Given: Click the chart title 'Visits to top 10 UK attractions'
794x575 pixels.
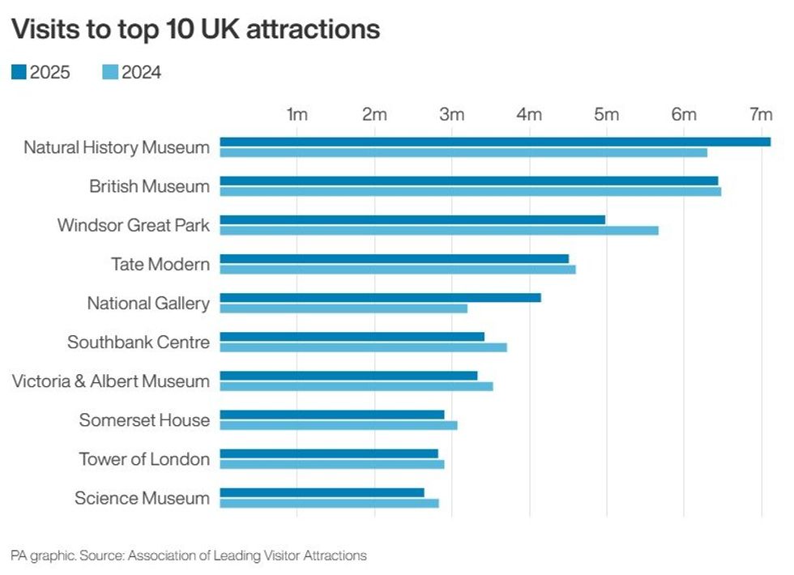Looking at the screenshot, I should tap(195, 29).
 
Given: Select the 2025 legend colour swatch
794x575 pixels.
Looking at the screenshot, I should tap(19, 73).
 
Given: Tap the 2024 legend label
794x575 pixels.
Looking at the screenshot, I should tap(141, 73).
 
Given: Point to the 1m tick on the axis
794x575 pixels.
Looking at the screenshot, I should tap(297, 115).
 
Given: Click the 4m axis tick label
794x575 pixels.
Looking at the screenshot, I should tap(529, 115).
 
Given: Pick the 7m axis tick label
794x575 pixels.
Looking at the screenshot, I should tap(761, 115).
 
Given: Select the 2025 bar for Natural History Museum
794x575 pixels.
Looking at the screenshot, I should tap(495, 142).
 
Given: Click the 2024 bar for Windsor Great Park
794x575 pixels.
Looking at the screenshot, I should tap(439, 230).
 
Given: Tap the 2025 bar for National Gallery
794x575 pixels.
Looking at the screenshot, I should tap(380, 297).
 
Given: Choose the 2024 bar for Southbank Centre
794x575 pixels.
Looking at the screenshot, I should tap(363, 347).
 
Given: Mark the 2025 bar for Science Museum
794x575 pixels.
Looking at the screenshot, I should tap(322, 492).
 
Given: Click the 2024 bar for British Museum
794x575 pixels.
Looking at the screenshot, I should tap(470, 191).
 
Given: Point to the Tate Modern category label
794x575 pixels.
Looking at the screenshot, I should tap(160, 264).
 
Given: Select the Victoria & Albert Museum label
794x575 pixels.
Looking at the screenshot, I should tap(111, 381).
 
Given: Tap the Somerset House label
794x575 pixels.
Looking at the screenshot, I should tap(144, 420).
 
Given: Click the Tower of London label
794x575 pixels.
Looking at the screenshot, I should tap(144, 459).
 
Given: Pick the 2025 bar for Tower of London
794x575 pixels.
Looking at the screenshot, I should tap(329, 454).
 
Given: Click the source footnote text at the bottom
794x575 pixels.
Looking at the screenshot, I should tap(189, 556).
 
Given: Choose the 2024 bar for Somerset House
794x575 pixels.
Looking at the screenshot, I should tap(339, 425).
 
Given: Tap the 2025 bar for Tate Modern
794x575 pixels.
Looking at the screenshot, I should tap(394, 258).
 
